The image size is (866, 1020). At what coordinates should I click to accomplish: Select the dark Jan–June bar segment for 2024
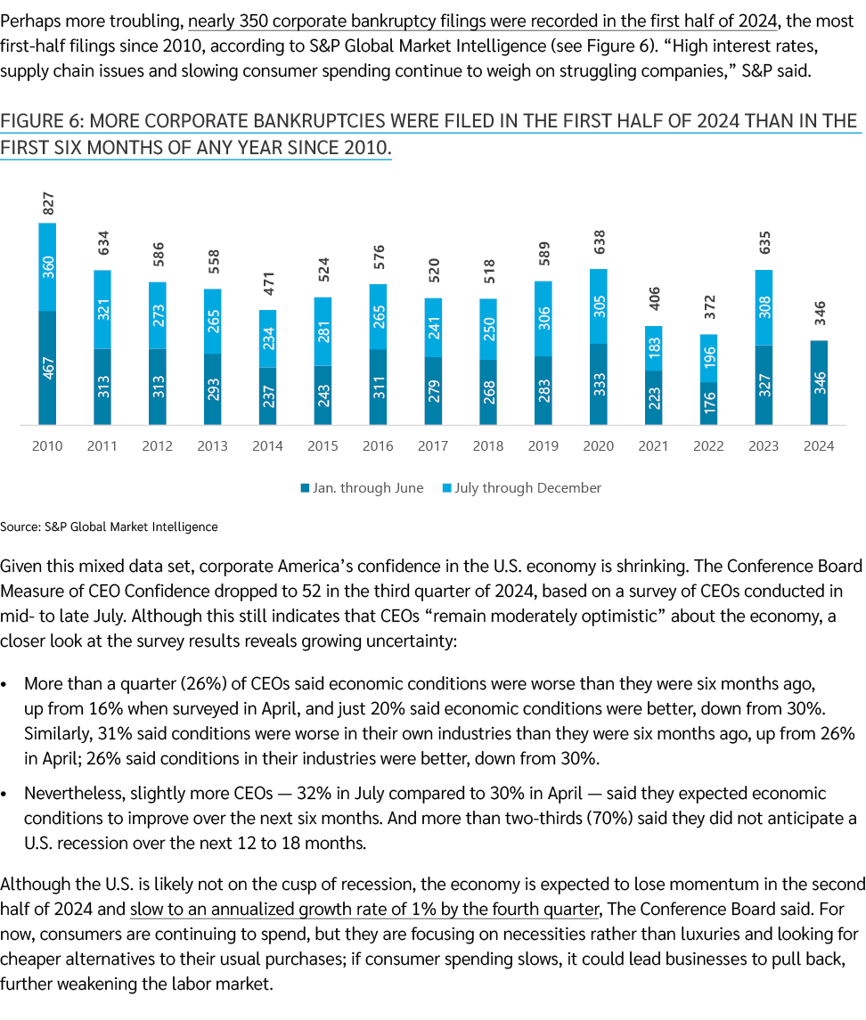coord(820,383)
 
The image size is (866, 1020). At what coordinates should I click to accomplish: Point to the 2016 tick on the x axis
coord(378,445)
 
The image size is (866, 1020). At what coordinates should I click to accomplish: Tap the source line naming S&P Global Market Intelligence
coord(109,526)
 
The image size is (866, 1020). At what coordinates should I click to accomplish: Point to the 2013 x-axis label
coord(212,445)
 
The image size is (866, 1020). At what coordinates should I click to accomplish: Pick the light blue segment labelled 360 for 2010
coord(48,267)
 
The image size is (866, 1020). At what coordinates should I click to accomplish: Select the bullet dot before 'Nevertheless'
coord(6,794)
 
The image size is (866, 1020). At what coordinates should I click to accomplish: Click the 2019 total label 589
coord(543,262)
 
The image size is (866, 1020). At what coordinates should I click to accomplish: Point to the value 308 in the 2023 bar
coord(764,307)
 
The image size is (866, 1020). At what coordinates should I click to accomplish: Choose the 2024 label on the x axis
coord(820,445)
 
